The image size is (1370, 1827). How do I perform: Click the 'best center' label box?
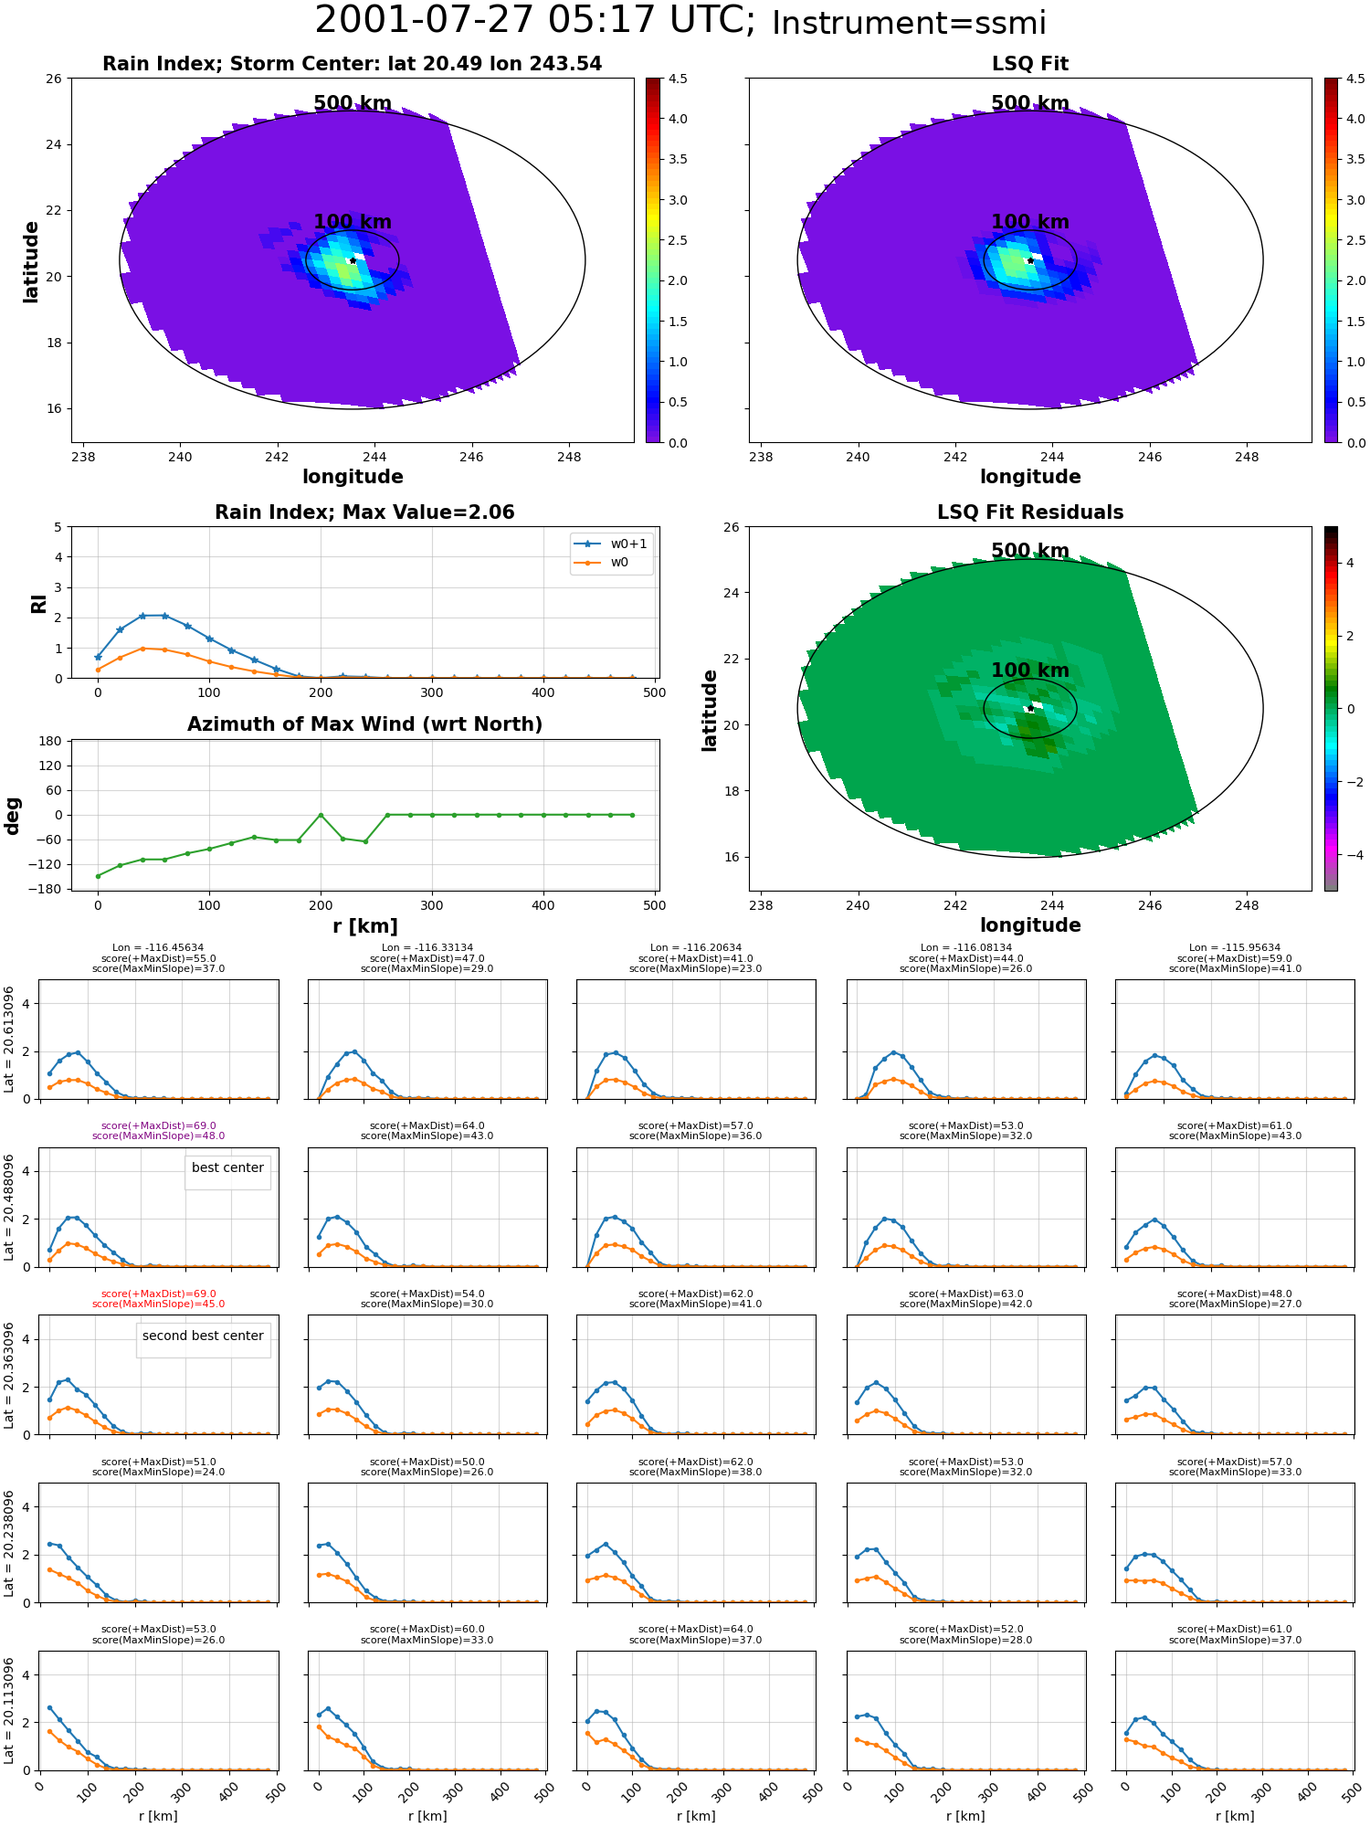[x=227, y=1168]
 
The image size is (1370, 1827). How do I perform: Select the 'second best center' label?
[x=203, y=1336]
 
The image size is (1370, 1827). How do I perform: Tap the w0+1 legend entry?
[x=611, y=544]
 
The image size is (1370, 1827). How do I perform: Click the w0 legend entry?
[x=602, y=562]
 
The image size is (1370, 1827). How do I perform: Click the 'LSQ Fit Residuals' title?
[x=1030, y=512]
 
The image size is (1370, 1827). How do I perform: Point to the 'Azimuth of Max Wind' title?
[x=364, y=724]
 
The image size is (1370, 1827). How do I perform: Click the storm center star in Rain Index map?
[x=353, y=260]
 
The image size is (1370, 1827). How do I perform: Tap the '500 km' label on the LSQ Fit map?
[x=1030, y=103]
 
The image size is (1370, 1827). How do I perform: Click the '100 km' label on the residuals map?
[x=1030, y=671]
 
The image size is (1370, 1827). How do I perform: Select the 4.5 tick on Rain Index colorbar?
[x=678, y=79]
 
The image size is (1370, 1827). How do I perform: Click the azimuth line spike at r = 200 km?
[x=321, y=815]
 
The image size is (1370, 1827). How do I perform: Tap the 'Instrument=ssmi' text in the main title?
[x=909, y=23]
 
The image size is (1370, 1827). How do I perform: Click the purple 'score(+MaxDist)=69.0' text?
[x=159, y=1126]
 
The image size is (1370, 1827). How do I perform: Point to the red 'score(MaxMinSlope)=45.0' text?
[x=159, y=1304]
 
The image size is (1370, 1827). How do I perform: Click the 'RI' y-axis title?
[x=38, y=603]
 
